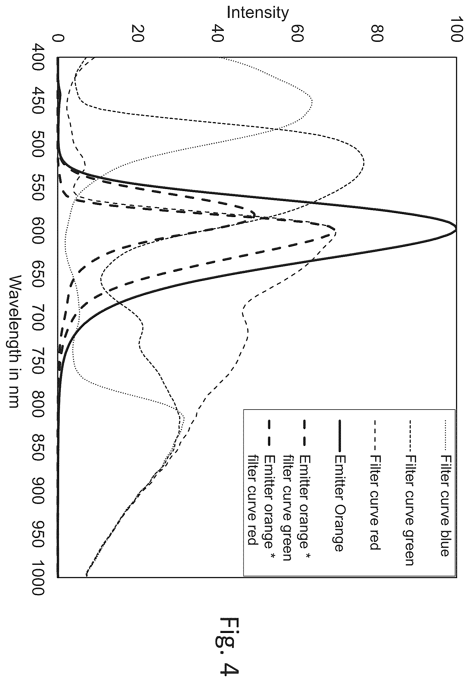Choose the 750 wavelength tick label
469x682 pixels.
38,361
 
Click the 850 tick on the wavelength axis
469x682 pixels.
38,448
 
